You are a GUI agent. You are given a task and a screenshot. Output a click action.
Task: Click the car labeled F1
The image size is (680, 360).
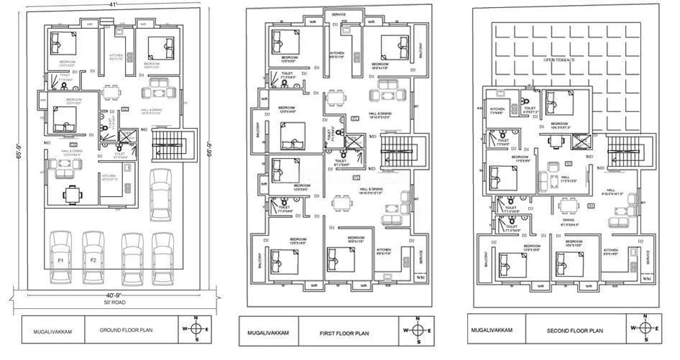click(62, 257)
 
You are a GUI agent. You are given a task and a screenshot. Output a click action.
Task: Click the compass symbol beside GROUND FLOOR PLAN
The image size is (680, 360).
click(199, 329)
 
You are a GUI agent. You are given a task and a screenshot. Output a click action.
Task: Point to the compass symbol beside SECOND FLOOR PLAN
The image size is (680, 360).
click(646, 328)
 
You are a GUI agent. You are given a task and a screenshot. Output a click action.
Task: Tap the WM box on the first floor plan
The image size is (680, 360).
click(421, 277)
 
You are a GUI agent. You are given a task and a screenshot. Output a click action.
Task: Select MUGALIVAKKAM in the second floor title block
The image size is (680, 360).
click(492, 331)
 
